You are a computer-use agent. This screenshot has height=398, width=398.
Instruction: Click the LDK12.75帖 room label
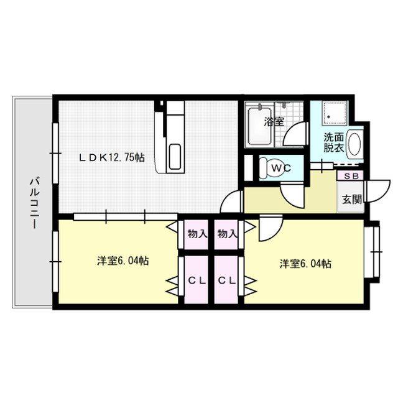click(112, 158)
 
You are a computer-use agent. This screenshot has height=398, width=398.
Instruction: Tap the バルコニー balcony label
click(35, 203)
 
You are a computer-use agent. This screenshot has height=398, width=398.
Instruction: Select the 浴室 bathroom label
click(274, 122)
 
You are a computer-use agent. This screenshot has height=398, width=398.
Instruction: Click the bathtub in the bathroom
click(259, 126)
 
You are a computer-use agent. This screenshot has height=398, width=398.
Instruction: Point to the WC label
click(281, 168)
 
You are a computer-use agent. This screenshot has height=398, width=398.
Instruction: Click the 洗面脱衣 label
click(334, 142)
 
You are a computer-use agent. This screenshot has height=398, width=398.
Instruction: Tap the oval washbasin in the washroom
click(355, 143)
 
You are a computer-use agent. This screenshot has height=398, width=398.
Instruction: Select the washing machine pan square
click(335, 113)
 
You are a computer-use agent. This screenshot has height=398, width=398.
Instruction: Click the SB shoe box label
click(351, 175)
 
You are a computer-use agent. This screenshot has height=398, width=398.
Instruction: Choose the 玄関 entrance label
click(352, 199)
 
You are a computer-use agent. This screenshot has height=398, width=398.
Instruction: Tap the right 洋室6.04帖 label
click(305, 264)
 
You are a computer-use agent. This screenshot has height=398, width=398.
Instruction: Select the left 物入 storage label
click(197, 234)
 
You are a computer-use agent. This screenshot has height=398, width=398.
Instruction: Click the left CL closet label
click(197, 280)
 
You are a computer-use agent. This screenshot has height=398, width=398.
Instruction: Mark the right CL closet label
click(227, 280)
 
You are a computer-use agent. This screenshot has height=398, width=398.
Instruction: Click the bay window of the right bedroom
click(373, 252)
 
